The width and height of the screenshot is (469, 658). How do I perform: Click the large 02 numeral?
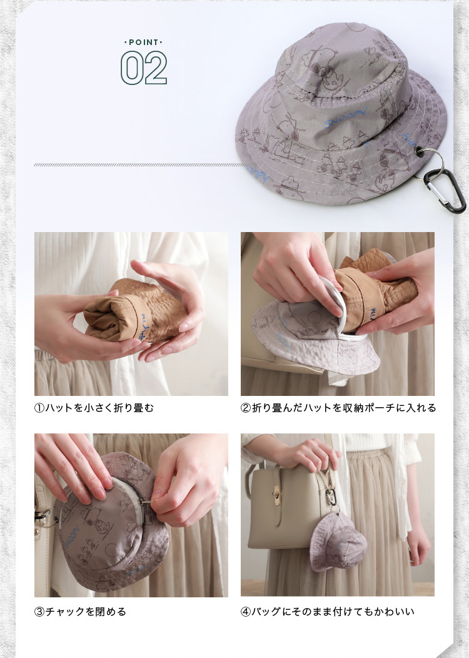[144, 68]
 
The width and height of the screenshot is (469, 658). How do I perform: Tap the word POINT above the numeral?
[143, 43]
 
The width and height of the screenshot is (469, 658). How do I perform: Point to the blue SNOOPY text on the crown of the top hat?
[346, 118]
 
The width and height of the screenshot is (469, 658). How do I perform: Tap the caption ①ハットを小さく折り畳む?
[94, 407]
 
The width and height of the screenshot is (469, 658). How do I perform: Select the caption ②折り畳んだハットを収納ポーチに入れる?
[338, 407]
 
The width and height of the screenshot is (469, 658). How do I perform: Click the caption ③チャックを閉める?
[80, 612]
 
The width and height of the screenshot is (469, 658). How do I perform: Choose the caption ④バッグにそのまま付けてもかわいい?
[328, 612]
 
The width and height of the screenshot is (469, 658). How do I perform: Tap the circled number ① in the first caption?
[39, 408]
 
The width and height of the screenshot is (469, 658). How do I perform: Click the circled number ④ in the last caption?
[246, 612]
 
